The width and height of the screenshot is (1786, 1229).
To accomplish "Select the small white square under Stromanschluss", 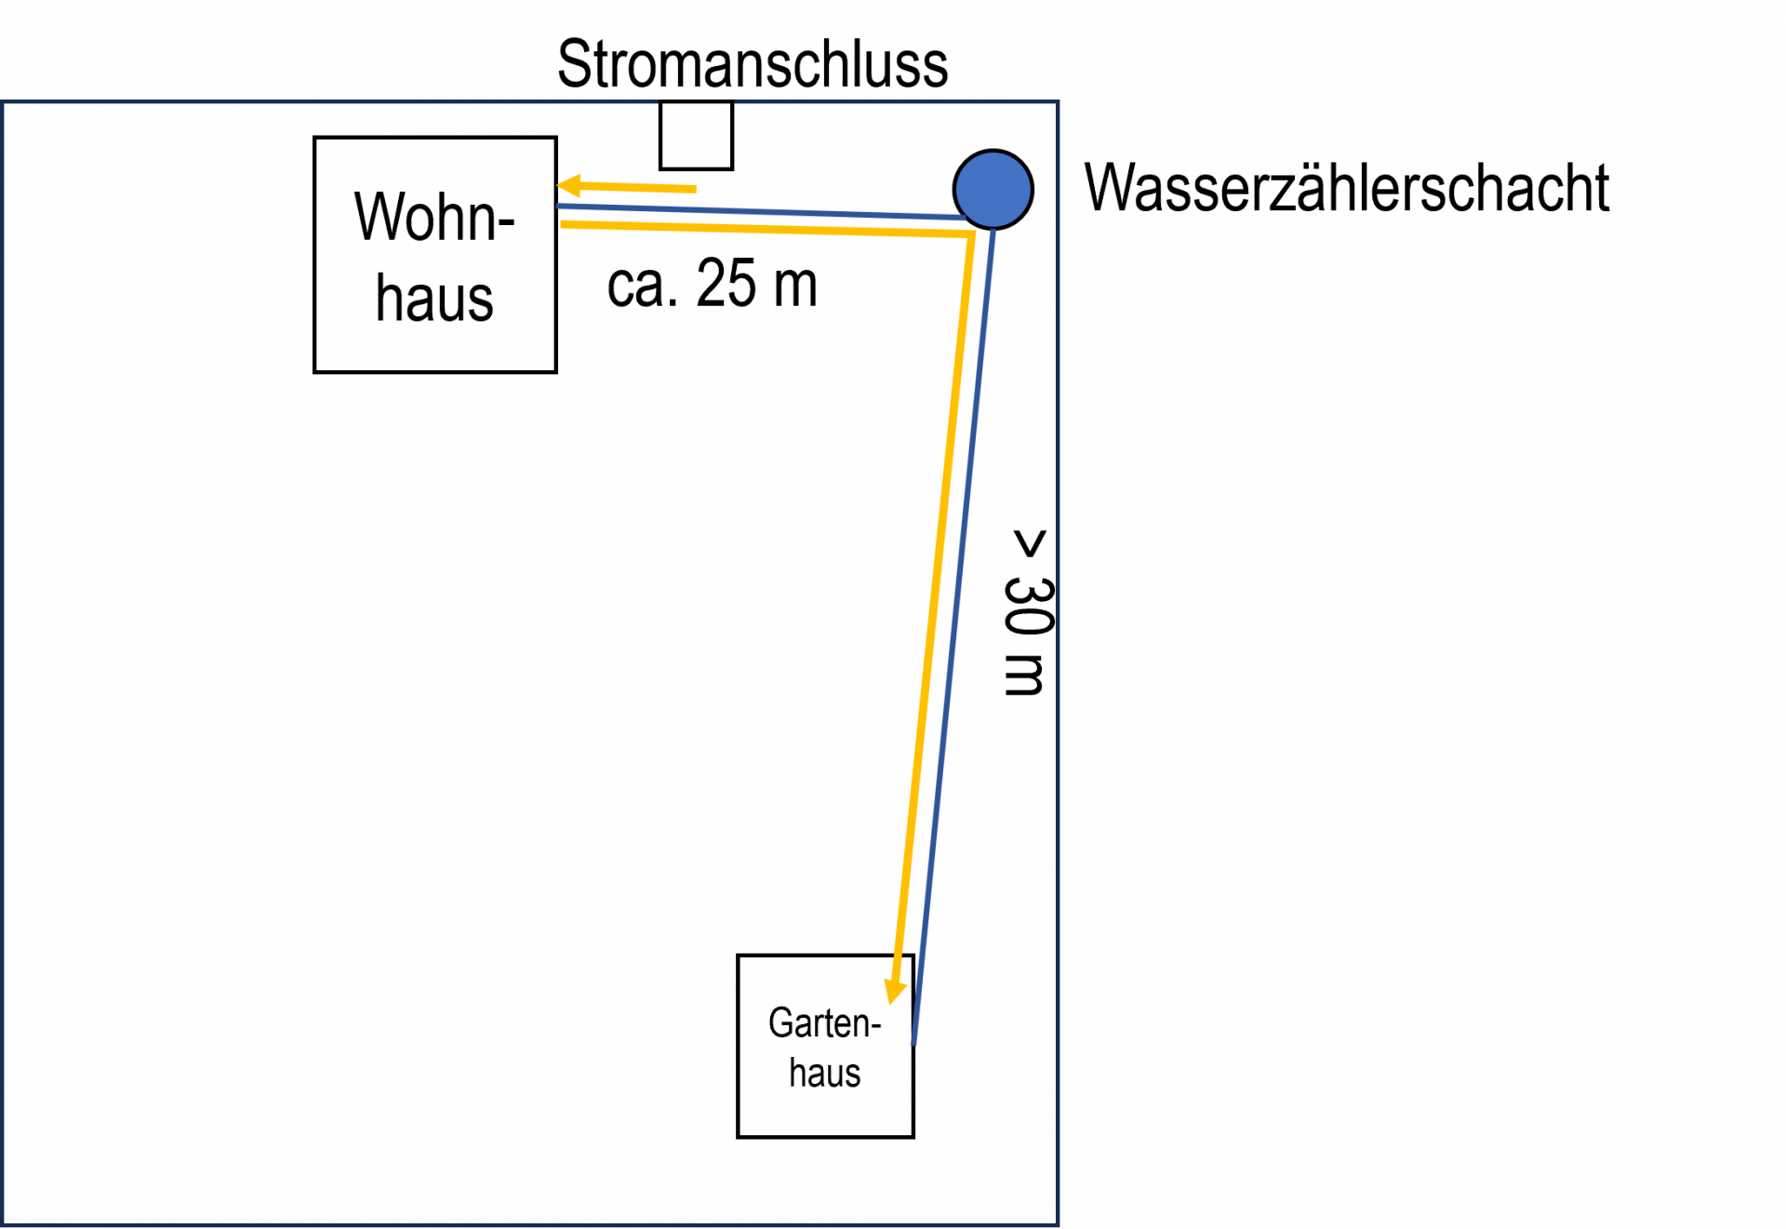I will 696,136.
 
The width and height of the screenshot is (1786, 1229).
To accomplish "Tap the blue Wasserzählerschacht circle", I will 993,189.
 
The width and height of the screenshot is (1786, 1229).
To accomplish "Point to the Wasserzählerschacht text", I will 1346,189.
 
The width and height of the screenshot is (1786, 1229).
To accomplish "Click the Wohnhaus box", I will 435,255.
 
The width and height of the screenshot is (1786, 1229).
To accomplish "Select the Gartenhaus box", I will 825,1046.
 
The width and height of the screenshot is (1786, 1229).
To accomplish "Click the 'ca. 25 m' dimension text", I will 713,283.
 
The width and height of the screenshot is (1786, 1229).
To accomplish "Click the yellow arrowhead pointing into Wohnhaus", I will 570,187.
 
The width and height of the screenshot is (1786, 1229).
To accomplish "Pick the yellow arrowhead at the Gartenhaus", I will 895,990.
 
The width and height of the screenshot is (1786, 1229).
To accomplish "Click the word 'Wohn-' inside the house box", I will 434,217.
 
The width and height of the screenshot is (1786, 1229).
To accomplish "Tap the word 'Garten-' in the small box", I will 824,1022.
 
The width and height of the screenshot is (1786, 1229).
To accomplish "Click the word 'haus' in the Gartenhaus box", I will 824,1073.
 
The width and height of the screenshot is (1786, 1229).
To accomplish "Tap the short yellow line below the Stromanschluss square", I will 642,189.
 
